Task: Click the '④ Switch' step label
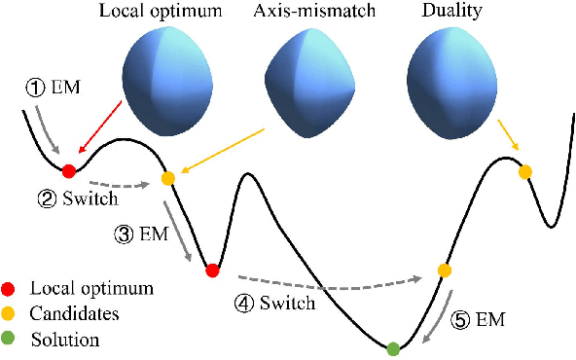(275, 304)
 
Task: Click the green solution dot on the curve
(393, 348)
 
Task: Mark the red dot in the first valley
(68, 171)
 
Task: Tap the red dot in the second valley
(212, 270)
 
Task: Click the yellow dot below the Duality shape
(525, 172)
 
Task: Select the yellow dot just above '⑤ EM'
(444, 270)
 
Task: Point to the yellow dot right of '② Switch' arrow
(167, 178)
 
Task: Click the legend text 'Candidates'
(75, 314)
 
